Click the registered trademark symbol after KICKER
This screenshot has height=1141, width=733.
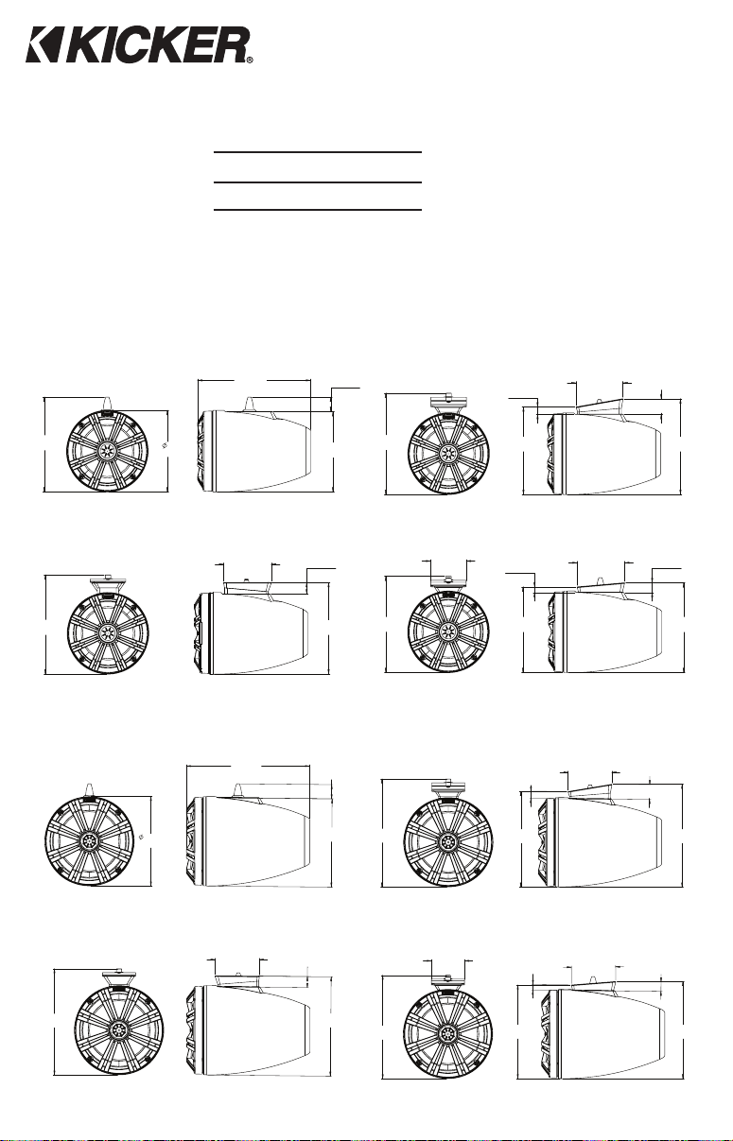coord(250,60)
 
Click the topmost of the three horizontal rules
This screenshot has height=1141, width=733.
coord(318,152)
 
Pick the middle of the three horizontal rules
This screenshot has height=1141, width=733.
coord(318,182)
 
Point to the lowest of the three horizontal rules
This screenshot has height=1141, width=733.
coord(318,209)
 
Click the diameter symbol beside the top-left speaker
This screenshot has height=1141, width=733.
coord(165,446)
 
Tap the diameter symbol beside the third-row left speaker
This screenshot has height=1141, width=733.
coord(141,836)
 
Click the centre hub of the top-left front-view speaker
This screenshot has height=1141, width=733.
coord(107,450)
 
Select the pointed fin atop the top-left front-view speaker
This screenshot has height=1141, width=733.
coord(108,404)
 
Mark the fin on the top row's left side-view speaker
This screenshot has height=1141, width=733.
coord(250,405)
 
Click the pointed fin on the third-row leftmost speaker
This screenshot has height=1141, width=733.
coord(89,789)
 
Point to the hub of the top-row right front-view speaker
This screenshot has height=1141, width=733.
coord(448,452)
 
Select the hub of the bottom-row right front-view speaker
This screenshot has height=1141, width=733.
coord(447,1033)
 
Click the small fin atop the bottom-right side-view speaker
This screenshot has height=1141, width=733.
coord(592,980)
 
